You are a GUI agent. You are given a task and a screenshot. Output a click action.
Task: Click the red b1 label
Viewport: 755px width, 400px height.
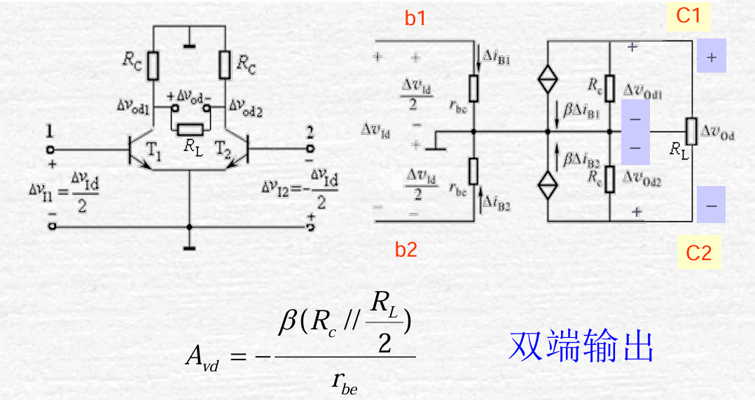415,19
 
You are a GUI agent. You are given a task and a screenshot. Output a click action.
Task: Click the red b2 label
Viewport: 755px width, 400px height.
406,250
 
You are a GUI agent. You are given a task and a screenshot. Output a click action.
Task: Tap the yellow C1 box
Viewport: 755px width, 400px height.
688,15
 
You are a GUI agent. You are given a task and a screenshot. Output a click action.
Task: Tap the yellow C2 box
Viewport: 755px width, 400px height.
698,252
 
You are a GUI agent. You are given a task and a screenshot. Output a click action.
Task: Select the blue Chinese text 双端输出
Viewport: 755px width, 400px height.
581,345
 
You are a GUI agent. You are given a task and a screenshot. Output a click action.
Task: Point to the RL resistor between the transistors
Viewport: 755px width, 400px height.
190,129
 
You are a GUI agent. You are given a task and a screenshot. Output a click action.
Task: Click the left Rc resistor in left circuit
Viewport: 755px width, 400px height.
154,64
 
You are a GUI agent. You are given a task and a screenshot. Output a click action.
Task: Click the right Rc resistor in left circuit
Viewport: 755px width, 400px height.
225,64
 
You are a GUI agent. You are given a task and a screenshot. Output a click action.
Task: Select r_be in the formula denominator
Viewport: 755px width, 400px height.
344,381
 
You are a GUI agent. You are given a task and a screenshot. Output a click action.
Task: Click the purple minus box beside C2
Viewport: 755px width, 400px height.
711,206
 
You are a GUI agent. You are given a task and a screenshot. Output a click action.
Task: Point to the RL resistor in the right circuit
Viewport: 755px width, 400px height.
691,129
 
